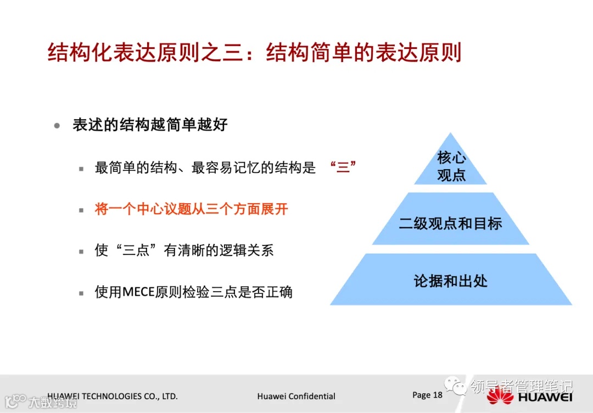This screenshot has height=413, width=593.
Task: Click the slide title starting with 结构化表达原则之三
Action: click(254, 53)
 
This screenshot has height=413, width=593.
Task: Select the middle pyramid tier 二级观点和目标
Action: click(450, 224)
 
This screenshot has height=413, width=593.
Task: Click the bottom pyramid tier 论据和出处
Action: click(450, 281)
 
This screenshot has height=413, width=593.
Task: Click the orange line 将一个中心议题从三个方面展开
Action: click(191, 209)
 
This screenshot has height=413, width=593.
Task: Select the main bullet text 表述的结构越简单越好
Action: click(150, 125)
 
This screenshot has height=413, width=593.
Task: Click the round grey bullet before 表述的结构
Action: click(57, 125)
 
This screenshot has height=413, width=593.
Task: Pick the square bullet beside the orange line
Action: click(81, 210)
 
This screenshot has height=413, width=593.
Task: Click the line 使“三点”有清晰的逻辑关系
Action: click(184, 250)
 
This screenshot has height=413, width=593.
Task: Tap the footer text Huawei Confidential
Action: click(296, 396)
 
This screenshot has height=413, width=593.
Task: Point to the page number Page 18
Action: click(427, 395)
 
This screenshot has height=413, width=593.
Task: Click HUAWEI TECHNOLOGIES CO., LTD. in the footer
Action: click(113, 396)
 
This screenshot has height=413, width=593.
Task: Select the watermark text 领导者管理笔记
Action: click(521, 386)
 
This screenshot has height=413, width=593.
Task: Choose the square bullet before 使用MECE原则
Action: click(81, 293)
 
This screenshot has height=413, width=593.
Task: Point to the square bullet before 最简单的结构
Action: click(81, 169)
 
